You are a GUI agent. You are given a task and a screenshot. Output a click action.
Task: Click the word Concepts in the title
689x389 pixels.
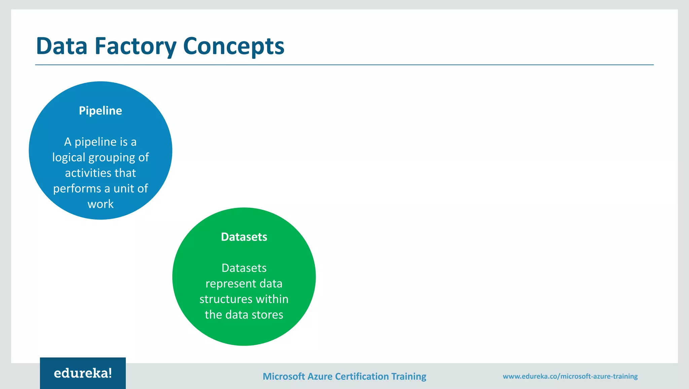(x=233, y=46)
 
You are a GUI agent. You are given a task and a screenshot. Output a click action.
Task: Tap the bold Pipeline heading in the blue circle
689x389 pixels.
(x=100, y=111)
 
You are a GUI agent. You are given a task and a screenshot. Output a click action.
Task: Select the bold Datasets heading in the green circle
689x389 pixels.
(x=244, y=237)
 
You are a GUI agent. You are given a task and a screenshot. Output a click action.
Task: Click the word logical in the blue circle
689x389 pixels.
(x=69, y=157)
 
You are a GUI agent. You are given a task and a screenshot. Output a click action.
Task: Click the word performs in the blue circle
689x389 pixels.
(x=77, y=189)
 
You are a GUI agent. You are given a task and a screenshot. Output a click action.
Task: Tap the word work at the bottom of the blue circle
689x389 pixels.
(x=100, y=204)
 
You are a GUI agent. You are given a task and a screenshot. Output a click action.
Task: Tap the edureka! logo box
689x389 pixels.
(x=83, y=373)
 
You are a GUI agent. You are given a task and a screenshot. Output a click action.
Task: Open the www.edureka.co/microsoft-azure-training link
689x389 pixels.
(x=570, y=376)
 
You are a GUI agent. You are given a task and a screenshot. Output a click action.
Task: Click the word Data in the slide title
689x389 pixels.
(x=62, y=46)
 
